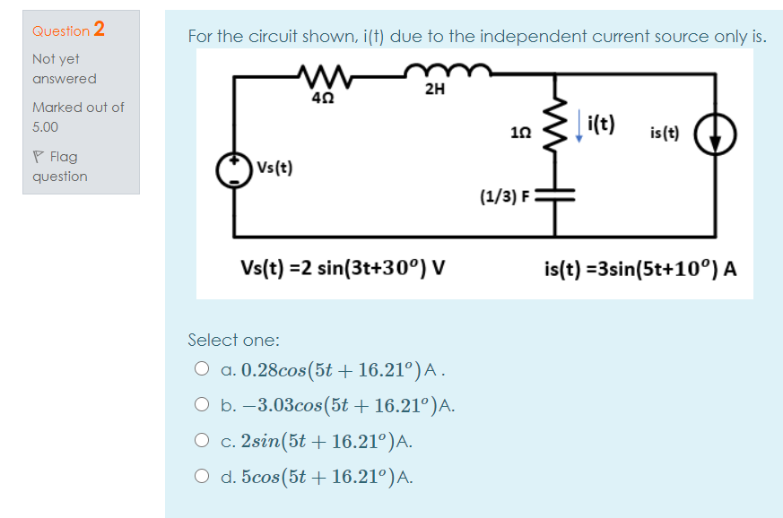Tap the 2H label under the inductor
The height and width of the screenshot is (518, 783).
435,89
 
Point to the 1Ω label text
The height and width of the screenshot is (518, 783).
519,133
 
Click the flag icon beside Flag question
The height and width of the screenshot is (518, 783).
38,157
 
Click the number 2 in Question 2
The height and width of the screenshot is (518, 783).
99,29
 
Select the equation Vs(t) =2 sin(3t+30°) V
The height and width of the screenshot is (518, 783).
344,268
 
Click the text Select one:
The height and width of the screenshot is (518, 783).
233,340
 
